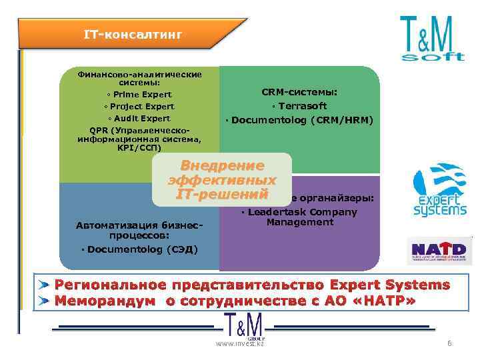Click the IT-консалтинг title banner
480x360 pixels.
[133, 33]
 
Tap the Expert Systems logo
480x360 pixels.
[439, 190]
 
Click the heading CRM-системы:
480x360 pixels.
[299, 92]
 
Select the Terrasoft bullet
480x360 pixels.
[299, 106]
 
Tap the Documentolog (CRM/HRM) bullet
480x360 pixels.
[299, 120]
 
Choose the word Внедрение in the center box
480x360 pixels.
[223, 166]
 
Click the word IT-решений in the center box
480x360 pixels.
[223, 194]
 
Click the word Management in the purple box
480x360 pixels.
[300, 223]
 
